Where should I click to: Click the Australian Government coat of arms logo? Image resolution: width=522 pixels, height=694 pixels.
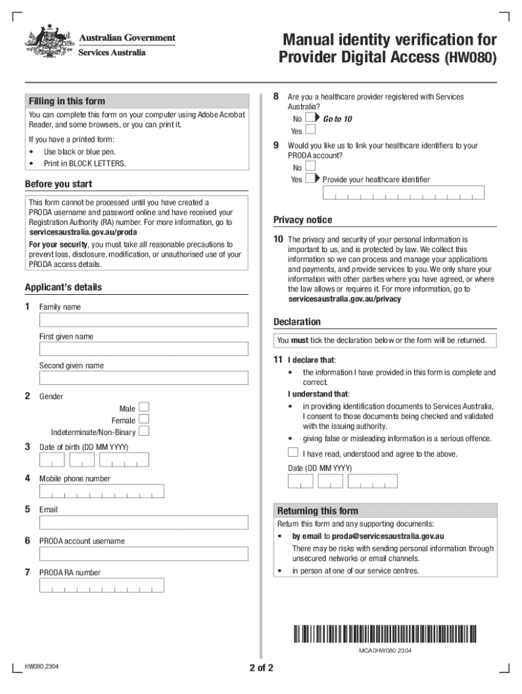pyautogui.click(x=48, y=45)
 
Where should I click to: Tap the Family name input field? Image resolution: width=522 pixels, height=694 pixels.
pyautogui.click(x=143, y=320)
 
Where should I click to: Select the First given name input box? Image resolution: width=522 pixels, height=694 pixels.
pyautogui.click(x=143, y=349)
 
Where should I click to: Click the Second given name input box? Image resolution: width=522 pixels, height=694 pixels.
pyautogui.click(x=143, y=378)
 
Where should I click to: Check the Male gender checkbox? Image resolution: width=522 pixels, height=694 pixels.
pyautogui.click(x=144, y=407)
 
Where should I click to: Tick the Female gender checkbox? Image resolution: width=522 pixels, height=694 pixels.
pyautogui.click(x=144, y=420)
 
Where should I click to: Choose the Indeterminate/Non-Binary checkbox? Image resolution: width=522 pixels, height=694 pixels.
pyautogui.click(x=144, y=432)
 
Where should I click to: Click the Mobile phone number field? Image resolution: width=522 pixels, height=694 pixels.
pyautogui.click(x=102, y=491)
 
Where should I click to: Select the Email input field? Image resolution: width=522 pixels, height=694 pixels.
pyautogui.click(x=143, y=524)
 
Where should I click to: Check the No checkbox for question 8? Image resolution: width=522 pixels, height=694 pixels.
pyautogui.click(x=310, y=118)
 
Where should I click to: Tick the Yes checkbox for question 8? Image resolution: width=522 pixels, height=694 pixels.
pyautogui.click(x=310, y=130)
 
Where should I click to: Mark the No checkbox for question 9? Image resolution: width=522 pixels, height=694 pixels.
pyautogui.click(x=310, y=166)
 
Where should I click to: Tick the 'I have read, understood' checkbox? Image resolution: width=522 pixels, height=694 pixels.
pyautogui.click(x=293, y=453)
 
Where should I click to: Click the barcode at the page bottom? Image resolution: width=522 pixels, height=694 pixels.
pyautogui.click(x=385, y=634)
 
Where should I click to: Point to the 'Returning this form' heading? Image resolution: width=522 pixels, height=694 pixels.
pyautogui.click(x=318, y=511)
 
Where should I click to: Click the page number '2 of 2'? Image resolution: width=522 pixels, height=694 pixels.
pyautogui.click(x=261, y=668)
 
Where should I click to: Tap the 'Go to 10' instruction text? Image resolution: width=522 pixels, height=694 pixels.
pyautogui.click(x=338, y=119)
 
